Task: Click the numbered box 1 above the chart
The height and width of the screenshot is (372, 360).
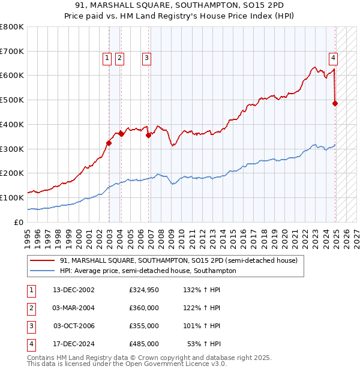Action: pyautogui.click(x=107, y=58)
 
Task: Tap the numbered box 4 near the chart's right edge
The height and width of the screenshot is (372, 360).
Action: pyautogui.click(x=333, y=58)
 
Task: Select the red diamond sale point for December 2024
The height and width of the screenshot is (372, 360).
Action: pyautogui.click(x=335, y=103)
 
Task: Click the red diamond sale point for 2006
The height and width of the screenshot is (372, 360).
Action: pyautogui.click(x=148, y=136)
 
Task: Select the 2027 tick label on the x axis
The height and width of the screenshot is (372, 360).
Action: pyautogui.click(x=356, y=235)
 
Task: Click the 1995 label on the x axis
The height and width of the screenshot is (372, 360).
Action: pyautogui.click(x=28, y=235)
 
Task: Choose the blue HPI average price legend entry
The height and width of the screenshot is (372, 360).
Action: pyautogui.click(x=148, y=271)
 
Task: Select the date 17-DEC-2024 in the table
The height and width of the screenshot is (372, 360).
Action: pyautogui.click(x=73, y=344)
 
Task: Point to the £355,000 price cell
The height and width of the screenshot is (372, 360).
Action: pyautogui.click(x=144, y=326)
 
